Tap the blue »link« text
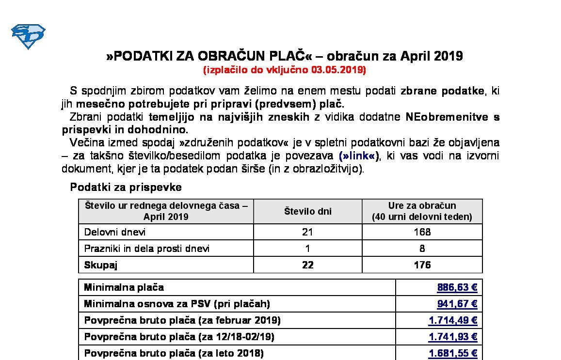click(359, 156)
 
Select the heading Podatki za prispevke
click(126, 187)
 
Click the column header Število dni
click(307, 211)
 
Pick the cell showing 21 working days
click(307, 232)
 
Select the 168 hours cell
click(422, 232)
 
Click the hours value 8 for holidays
click(422, 249)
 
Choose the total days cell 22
click(307, 265)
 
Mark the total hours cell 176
click(422, 265)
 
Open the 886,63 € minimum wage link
click(457, 288)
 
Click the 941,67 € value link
click(457, 304)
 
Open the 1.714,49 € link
click(453, 321)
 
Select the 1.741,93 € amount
click(453, 337)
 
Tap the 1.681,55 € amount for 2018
click(453, 353)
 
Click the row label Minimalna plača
click(124, 288)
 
